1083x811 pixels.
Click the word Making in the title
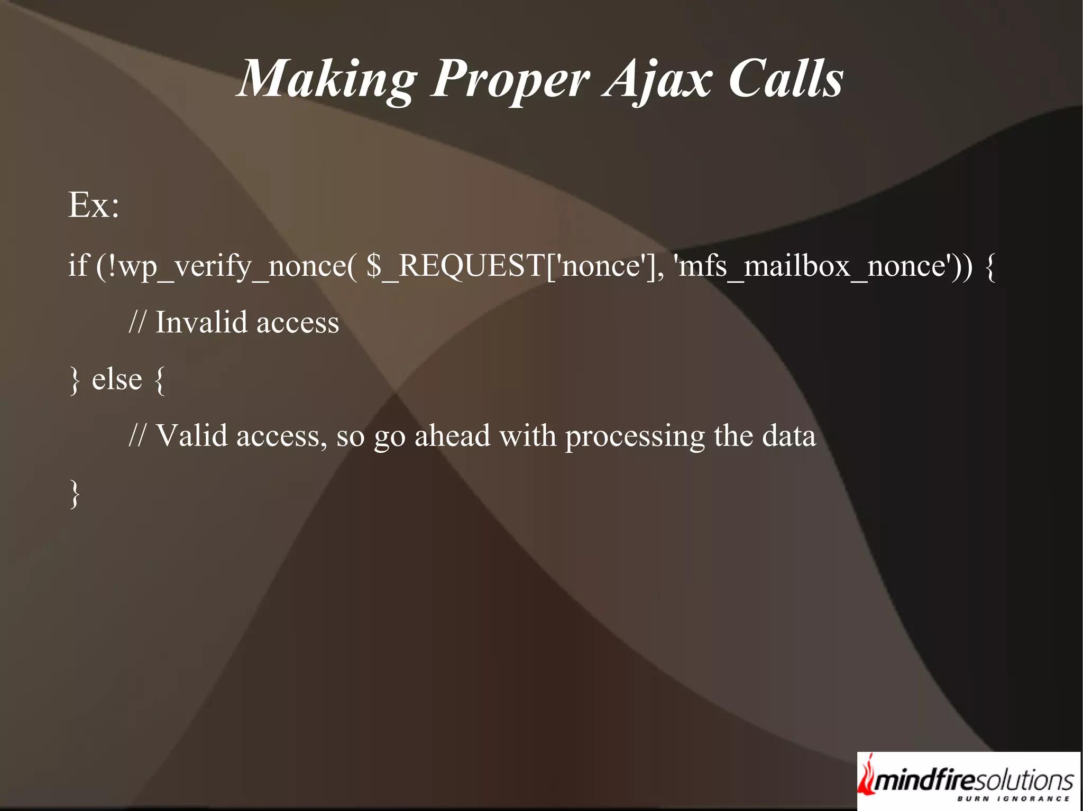[x=327, y=79]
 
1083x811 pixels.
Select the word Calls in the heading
[x=786, y=79]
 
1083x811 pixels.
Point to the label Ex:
[x=94, y=205]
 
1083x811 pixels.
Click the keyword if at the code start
[x=77, y=265]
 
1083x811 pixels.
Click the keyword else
[x=117, y=379]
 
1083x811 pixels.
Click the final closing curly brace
[x=75, y=494]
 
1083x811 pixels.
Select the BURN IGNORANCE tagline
[x=1013, y=799]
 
